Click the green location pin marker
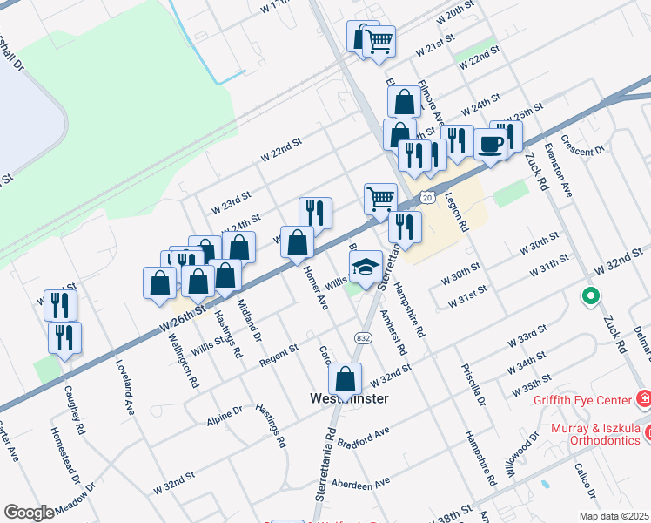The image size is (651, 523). [x=591, y=297]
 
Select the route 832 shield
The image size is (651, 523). [x=364, y=337]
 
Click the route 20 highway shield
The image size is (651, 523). [x=426, y=198]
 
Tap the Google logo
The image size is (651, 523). [x=29, y=512]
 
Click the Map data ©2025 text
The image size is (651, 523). [x=613, y=516]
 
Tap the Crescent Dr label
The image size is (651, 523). [x=583, y=145]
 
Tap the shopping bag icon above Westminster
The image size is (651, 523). [x=346, y=380]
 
